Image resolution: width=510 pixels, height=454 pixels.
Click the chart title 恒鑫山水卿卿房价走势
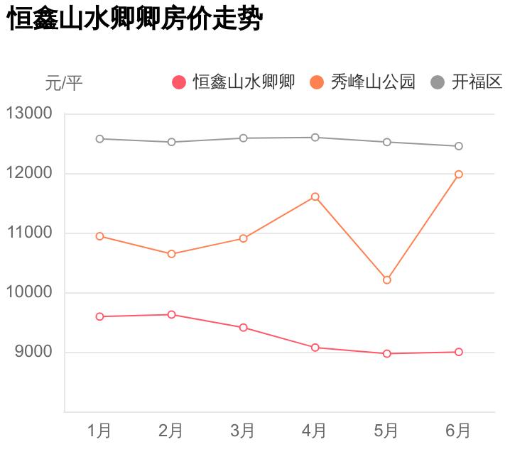pyautogui.click(x=135, y=19)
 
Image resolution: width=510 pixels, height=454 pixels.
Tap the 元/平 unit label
pyautogui.click(x=64, y=83)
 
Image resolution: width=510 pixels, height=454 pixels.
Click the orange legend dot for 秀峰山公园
pyautogui.click(x=317, y=82)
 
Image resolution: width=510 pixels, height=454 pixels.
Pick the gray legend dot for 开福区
pyautogui.click(x=438, y=82)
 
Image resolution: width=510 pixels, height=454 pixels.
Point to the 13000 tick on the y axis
pyautogui.click(x=29, y=113)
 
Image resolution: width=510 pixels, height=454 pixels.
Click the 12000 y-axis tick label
pyautogui.click(x=29, y=173)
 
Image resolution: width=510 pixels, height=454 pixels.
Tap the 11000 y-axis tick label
pyautogui.click(x=29, y=233)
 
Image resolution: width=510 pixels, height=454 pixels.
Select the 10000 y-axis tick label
pyautogui.click(x=29, y=292)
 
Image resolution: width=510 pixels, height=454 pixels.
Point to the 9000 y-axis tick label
pyautogui.click(x=33, y=352)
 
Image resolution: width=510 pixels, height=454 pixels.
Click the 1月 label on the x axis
pyautogui.click(x=99, y=431)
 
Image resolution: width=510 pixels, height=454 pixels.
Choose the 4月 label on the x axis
pyautogui.click(x=315, y=431)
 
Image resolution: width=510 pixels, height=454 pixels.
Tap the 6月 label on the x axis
pyautogui.click(x=458, y=431)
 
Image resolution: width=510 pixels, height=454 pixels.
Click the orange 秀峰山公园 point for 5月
pyautogui.click(x=387, y=280)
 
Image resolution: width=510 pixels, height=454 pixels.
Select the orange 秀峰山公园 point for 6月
pyautogui.click(x=459, y=174)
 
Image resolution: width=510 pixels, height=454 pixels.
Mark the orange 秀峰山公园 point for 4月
pyautogui.click(x=315, y=196)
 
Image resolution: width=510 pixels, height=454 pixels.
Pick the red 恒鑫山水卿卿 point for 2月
pyautogui.click(x=171, y=314)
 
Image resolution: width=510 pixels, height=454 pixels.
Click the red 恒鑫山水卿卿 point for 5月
pyautogui.click(x=387, y=353)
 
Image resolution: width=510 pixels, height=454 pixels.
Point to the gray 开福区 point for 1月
pyautogui.click(x=99, y=139)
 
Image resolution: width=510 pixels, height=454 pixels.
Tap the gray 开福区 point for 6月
pyautogui.click(x=459, y=146)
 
